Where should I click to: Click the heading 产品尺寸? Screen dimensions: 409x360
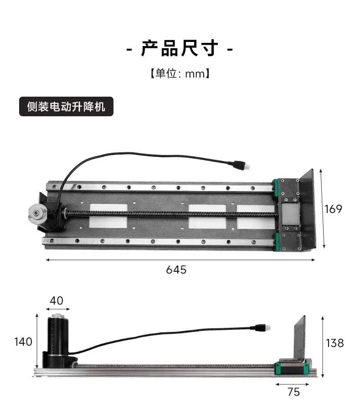[180, 48]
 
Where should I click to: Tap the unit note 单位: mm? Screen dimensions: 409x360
[180, 73]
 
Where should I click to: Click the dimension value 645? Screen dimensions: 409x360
[176, 269]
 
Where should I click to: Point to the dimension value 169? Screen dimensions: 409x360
[333, 209]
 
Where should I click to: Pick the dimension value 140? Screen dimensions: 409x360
[23, 342]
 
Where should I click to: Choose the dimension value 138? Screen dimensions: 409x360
[335, 342]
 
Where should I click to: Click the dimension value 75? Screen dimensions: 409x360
[294, 392]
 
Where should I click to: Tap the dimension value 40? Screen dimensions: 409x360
[57, 301]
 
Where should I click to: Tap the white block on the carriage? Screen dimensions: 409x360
[290, 213]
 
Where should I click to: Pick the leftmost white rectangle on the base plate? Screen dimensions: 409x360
[108, 216]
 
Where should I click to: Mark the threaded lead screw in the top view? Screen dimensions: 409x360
[173, 214]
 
